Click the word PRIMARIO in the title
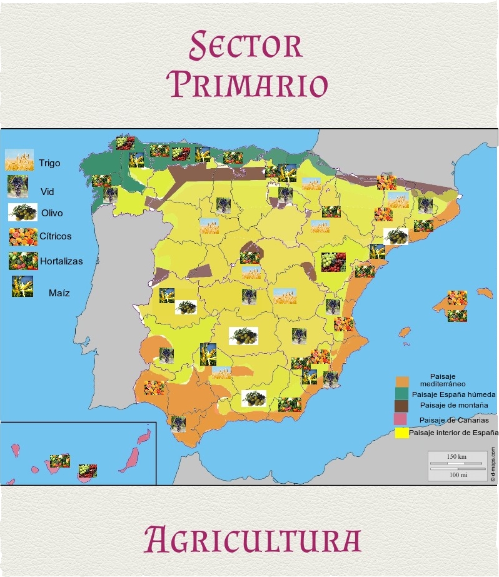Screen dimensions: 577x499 [249, 84]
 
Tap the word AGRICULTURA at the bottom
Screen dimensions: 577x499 [252, 539]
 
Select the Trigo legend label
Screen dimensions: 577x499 [49, 163]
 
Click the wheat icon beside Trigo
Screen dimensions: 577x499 [19, 161]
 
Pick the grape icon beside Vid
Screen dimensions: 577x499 [18, 186]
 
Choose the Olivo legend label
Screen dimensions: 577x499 [52, 213]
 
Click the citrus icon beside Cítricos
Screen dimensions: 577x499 [22, 236]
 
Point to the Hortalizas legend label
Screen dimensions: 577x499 [61, 261]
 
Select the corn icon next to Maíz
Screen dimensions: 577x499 [22, 286]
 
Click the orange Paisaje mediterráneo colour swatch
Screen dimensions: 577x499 [402, 381]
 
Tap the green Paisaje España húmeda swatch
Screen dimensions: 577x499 [402, 394]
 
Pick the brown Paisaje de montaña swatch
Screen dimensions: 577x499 [402, 406]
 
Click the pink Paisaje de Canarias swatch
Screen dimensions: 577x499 [402, 418]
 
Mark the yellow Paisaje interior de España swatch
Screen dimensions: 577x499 [402, 432]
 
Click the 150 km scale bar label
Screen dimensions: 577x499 [457, 457]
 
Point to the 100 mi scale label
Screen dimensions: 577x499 [457, 474]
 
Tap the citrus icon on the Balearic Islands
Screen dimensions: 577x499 [457, 298]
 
